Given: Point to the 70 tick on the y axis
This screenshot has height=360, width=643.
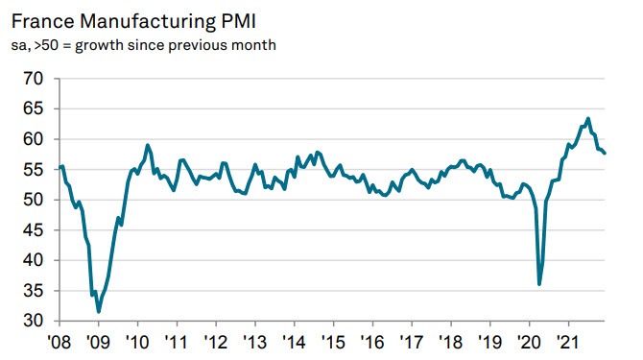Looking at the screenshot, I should point(32,80).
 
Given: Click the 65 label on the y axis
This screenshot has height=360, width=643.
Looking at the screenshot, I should point(32,109).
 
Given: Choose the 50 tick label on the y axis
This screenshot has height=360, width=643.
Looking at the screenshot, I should point(32,200).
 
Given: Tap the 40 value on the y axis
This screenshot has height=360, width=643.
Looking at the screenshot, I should point(32,260).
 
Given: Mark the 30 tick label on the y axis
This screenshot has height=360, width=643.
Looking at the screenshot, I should point(32,321).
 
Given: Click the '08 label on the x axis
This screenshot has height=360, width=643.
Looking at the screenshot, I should point(60,342).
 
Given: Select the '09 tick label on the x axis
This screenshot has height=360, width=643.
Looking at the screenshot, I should point(98,342).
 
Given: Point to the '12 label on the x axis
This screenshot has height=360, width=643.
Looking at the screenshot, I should point(215,342).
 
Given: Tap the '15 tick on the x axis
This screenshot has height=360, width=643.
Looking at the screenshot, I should point(332,342).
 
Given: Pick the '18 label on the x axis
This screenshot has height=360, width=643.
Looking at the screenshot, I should point(449,342).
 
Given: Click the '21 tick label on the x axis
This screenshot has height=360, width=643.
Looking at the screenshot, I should point(566,342).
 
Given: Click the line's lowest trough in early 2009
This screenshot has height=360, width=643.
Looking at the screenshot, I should point(99,311).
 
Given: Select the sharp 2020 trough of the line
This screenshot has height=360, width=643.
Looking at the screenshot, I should point(539,284).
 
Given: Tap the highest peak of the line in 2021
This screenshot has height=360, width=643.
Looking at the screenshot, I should point(587,119).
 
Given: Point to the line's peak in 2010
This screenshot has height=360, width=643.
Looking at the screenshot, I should point(147,145).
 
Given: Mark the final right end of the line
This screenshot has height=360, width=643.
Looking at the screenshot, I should point(605,153).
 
